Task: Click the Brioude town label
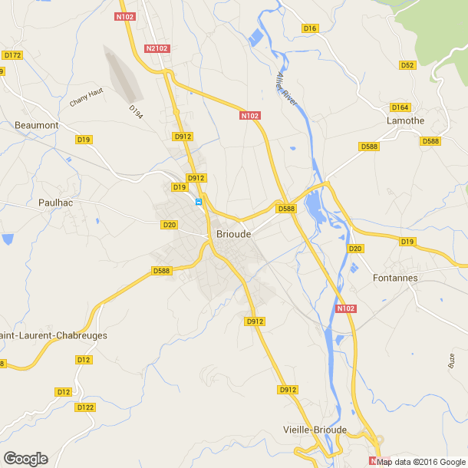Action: [x=232, y=236]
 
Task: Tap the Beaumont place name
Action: [x=37, y=124]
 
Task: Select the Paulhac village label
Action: [x=54, y=203]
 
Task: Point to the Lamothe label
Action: [x=406, y=121]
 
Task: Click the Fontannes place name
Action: [x=394, y=277]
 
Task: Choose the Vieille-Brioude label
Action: [x=315, y=430]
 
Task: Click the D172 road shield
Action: [x=13, y=55]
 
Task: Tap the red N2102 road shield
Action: [x=157, y=48]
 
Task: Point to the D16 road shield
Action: [x=310, y=28]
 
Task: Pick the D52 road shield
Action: [x=407, y=65]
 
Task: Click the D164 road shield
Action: [x=400, y=107]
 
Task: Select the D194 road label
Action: [x=136, y=112]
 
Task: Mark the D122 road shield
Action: [x=85, y=407]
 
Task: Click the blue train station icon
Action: [x=199, y=203]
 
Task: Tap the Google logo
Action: [x=25, y=459]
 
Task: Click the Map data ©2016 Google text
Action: [x=420, y=462]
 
